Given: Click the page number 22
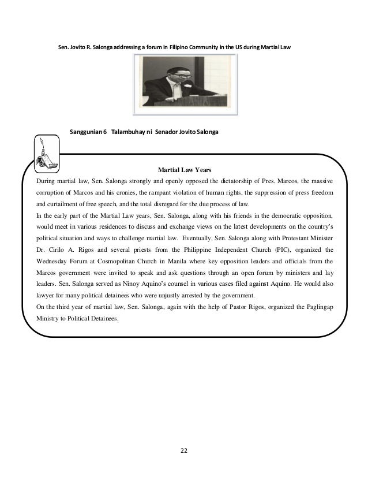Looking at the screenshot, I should [183, 450].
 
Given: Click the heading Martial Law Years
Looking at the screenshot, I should [184, 170].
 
